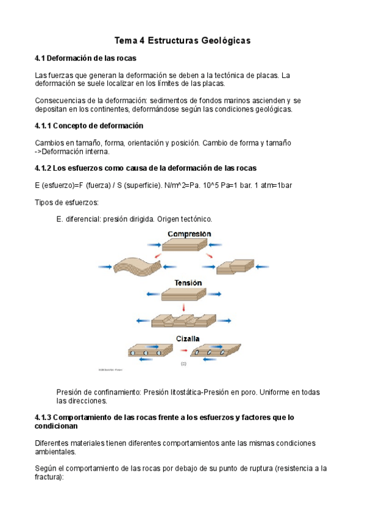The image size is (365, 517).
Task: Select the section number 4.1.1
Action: [x=43, y=126]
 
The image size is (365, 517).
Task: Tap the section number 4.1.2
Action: [x=43, y=168]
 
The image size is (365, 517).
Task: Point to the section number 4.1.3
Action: [x=43, y=418]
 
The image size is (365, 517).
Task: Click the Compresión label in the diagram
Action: [x=189, y=234]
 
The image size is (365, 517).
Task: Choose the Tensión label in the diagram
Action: [x=188, y=282]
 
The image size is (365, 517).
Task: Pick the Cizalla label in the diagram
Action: [x=188, y=338]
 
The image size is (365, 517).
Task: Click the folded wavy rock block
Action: [x=137, y=266]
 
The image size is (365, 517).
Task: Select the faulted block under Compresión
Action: [x=235, y=266]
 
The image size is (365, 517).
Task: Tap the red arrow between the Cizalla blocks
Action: [x=184, y=350]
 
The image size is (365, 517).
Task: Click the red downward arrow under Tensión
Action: [x=184, y=308]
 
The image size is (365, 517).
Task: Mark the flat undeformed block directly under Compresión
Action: [x=185, y=244]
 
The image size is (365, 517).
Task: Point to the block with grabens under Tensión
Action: [x=184, y=321]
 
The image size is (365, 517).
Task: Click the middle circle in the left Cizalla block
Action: [x=146, y=353]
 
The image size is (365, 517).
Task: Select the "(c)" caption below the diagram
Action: [x=183, y=364]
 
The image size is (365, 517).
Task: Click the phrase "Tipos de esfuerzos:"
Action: [x=67, y=202]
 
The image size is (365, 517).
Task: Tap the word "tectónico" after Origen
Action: [x=196, y=219]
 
